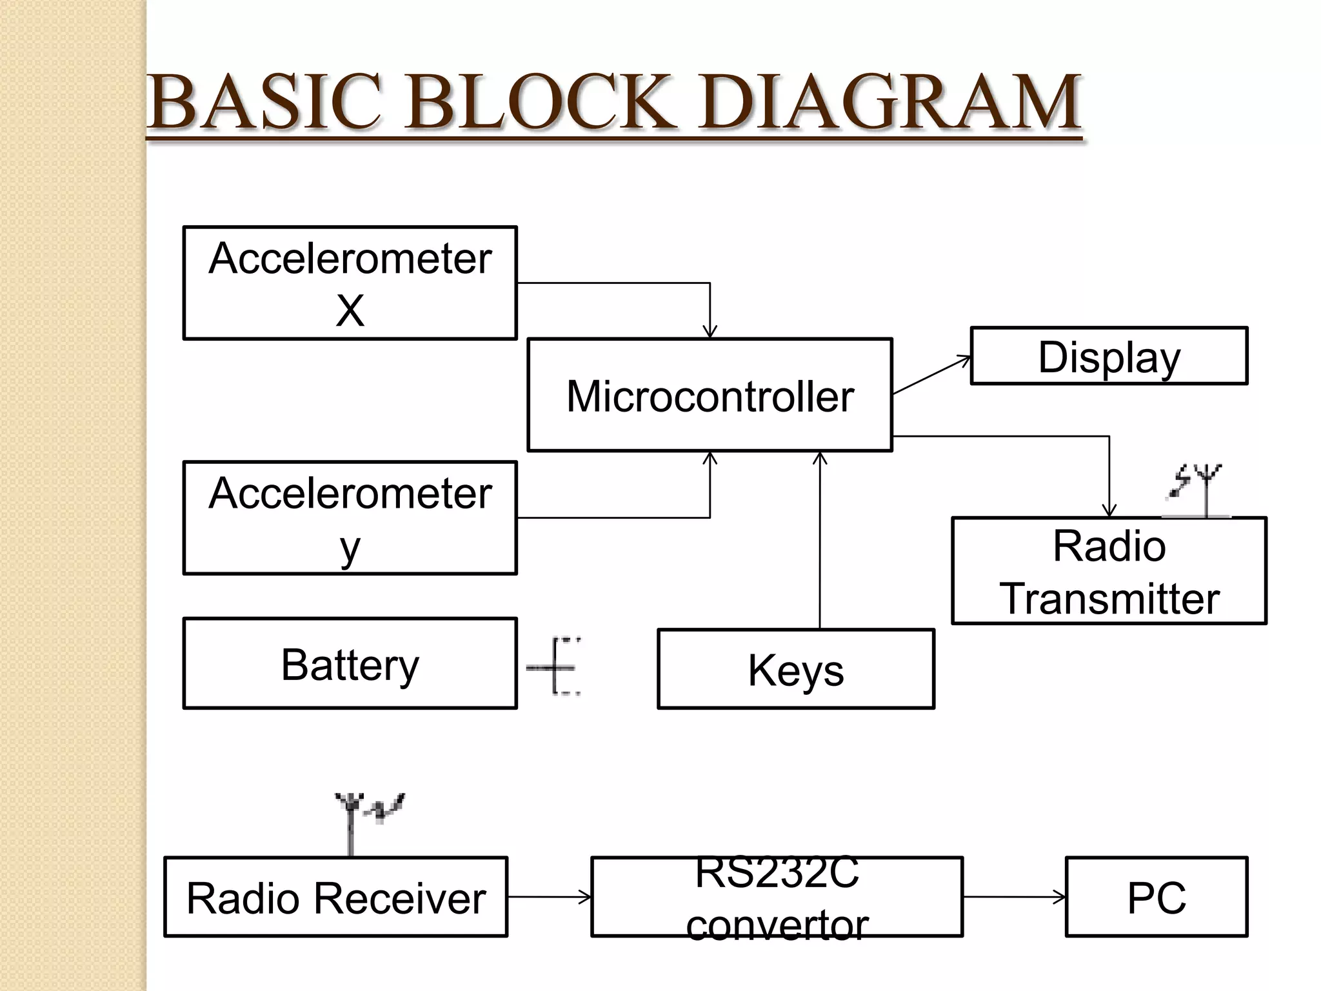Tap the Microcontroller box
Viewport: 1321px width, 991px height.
(x=710, y=395)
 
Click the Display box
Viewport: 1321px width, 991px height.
(x=1109, y=356)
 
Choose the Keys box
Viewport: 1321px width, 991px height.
(x=795, y=670)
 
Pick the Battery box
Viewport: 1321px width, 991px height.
(x=350, y=664)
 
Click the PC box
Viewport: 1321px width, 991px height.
(x=1156, y=897)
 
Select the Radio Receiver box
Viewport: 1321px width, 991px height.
(x=335, y=897)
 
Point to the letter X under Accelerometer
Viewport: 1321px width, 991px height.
(x=350, y=311)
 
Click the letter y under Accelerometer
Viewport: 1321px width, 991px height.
(x=350, y=548)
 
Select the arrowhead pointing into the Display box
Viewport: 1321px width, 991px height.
(x=965, y=359)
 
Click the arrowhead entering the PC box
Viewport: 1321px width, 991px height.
(x=1060, y=897)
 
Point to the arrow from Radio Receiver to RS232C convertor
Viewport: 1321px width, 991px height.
(x=548, y=897)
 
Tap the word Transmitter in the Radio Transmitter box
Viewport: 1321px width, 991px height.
(x=1109, y=598)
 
